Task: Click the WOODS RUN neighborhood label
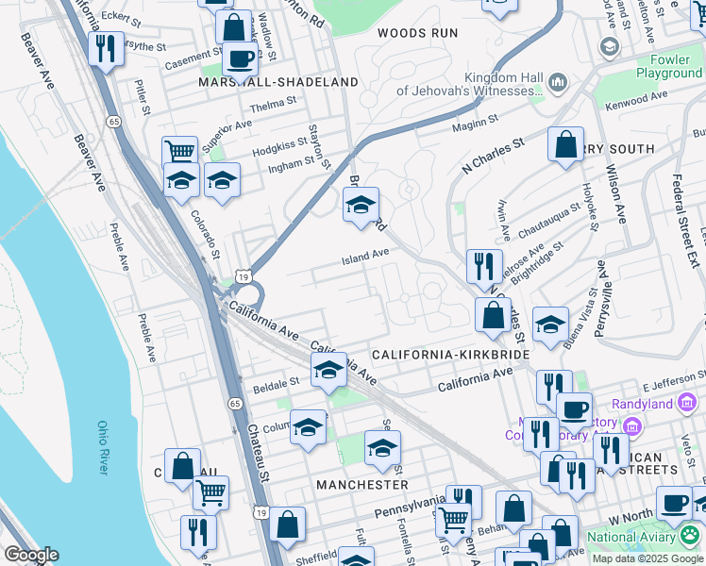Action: point(417,33)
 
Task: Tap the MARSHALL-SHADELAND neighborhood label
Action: point(265,82)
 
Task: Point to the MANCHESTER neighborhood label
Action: point(362,484)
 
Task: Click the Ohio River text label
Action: point(105,448)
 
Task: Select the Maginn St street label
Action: point(475,121)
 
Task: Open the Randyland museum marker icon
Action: point(688,405)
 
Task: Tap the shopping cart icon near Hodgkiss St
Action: point(179,151)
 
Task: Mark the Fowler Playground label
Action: point(668,66)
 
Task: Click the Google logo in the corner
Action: point(32,555)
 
